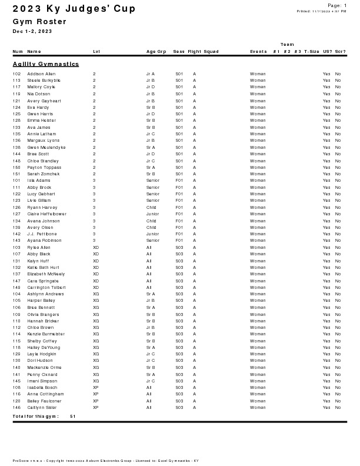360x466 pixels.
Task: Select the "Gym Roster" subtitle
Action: pyautogui.click(x=39, y=22)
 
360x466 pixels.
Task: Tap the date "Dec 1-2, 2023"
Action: pyautogui.click(x=32, y=31)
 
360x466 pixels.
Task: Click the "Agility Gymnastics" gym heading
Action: pyautogui.click(x=46, y=64)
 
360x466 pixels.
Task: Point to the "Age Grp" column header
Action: pyautogui.click(x=156, y=52)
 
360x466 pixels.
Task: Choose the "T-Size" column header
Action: pyautogui.click(x=312, y=52)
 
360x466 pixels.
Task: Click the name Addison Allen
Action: pyautogui.click(x=41, y=74)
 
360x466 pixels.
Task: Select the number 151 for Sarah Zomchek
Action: pyautogui.click(x=16, y=174)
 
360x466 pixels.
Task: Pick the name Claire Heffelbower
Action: pyautogui.click(x=47, y=214)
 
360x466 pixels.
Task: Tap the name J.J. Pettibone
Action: pyautogui.click(x=42, y=234)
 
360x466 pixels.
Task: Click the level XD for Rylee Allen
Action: pyautogui.click(x=96, y=248)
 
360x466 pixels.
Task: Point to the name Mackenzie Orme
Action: pyautogui.click(x=44, y=368)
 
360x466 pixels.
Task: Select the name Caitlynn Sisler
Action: pyautogui.click(x=42, y=408)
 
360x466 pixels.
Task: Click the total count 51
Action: pyautogui.click(x=72, y=417)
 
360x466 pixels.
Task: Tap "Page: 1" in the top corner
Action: pyautogui.click(x=337, y=5)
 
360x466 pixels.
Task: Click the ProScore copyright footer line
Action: pyautogui.click(x=106, y=461)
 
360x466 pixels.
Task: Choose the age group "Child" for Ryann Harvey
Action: pyautogui.click(x=151, y=208)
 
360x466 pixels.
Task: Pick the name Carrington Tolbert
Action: pyautogui.click(x=42, y=288)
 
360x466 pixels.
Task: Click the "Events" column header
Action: pyautogui.click(x=258, y=52)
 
